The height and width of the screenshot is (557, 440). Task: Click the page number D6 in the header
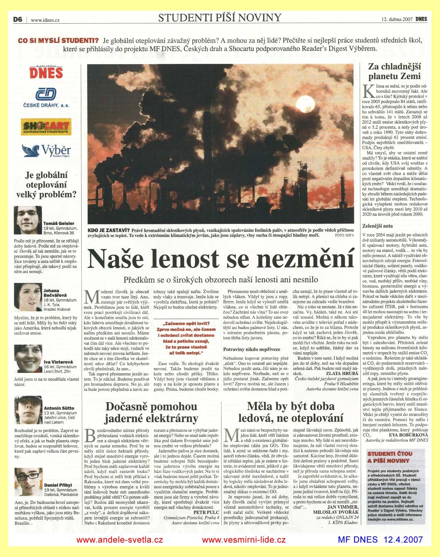[17, 20]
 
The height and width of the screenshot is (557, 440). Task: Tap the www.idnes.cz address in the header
[45, 20]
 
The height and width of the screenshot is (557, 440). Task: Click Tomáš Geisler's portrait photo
[27, 220]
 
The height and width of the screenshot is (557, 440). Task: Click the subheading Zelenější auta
[378, 226]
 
